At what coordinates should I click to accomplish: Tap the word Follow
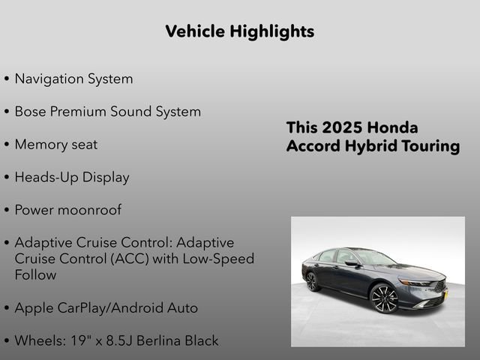click(35, 275)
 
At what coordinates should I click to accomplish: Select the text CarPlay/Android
click(119, 308)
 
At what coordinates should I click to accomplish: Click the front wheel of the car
click(384, 298)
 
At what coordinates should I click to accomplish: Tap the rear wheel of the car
click(313, 281)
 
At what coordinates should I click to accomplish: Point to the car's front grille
click(436, 286)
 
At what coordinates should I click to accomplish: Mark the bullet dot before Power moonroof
click(7, 211)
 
